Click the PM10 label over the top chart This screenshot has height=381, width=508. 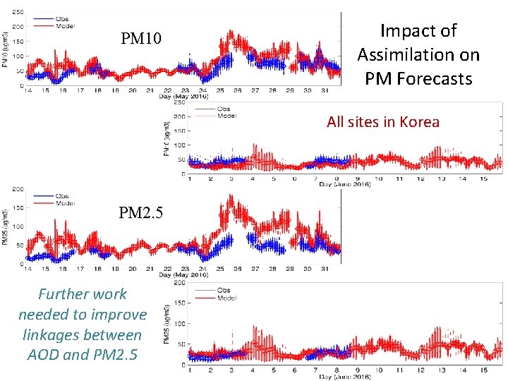(x=141, y=38)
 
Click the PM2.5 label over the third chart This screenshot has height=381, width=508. (x=140, y=212)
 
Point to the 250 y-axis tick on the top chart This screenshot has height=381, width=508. (x=16, y=13)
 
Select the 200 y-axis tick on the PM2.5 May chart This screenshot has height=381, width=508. (x=16, y=189)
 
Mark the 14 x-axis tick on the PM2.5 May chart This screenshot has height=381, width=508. (x=27, y=269)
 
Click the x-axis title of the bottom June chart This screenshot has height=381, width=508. (x=345, y=377)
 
